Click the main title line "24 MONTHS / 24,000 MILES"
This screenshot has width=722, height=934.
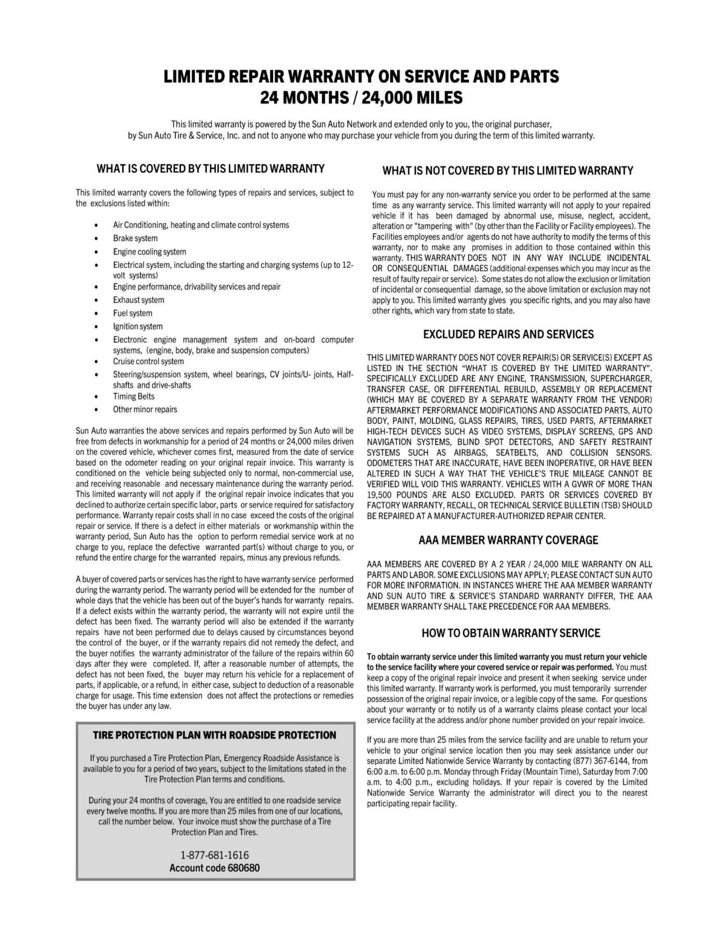pyautogui.click(x=361, y=98)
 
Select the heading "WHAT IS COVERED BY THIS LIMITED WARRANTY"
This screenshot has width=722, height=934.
pyautogui.click(x=210, y=169)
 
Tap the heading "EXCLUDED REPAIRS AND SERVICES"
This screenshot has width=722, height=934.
pyautogui.click(x=508, y=334)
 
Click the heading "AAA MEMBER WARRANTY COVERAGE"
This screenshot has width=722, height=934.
pyautogui.click(x=508, y=540)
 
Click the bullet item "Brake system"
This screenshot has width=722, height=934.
pyautogui.click(x=135, y=238)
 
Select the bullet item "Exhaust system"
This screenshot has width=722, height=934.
pyautogui.click(x=138, y=300)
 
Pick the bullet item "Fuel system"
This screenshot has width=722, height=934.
pyautogui.click(x=133, y=313)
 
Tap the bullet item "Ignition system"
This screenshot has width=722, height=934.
pyautogui.click(x=138, y=326)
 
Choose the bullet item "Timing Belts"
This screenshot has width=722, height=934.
pyautogui.click(x=133, y=396)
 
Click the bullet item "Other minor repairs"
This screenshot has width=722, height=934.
pyautogui.click(x=145, y=409)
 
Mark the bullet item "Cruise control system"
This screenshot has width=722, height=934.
pyautogui.click(x=148, y=361)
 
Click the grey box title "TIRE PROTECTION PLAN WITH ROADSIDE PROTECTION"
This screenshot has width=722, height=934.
pyautogui.click(x=214, y=735)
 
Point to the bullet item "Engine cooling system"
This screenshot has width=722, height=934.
pyautogui.click(x=149, y=251)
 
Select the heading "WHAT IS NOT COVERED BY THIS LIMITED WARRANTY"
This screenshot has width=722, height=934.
pyautogui.click(x=507, y=171)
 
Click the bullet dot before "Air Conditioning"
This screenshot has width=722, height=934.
pyautogui.click(x=98, y=225)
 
